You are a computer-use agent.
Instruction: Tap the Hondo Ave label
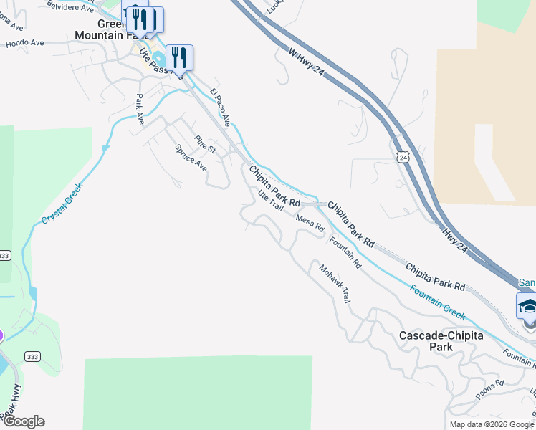25,44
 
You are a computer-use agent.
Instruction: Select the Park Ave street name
140,109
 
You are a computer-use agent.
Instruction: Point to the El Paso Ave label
219,105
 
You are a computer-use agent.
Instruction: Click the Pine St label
205,144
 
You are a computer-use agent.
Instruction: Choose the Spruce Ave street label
191,158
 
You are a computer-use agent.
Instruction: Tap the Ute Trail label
271,200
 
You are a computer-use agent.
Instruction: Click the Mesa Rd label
310,224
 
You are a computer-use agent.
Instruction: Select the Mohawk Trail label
334,284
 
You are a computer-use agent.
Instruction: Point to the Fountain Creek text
438,302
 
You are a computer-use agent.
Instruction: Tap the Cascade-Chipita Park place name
441,341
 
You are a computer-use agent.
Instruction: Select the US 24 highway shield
405,156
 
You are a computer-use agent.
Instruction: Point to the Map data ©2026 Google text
492,424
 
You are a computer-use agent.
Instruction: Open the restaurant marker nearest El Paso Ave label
179,57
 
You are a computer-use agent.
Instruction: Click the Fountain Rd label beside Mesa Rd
345,252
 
